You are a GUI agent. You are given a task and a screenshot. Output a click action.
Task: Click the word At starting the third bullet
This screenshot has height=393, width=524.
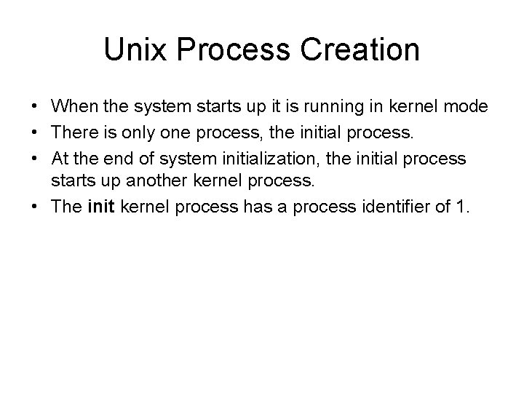click(60, 157)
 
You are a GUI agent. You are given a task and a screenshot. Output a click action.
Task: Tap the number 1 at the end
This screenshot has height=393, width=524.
click(463, 207)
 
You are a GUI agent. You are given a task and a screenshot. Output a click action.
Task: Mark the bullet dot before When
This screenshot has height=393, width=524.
click(35, 108)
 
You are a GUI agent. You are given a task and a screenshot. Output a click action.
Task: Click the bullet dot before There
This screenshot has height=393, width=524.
click(35, 133)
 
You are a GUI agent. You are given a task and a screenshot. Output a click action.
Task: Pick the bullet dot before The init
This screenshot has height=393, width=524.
click(35, 207)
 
